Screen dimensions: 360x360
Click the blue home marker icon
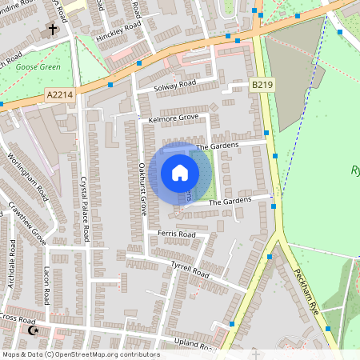tap(180, 173)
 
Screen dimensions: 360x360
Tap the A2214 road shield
tap(59, 95)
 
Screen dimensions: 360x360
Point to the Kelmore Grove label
tap(174, 118)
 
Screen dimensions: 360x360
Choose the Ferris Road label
tap(177, 234)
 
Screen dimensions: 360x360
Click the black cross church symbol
tap(54, 30)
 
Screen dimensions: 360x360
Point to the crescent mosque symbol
tap(33, 330)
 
